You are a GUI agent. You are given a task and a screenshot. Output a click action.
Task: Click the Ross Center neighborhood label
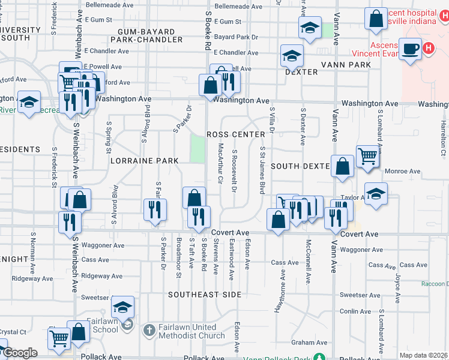[235, 134]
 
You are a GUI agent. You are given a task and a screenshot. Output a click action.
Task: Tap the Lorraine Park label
[144, 161]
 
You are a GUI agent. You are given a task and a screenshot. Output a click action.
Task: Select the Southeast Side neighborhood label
[205, 295]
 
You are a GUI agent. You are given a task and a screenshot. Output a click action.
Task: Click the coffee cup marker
[411, 49]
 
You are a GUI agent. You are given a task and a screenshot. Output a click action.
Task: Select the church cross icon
[148, 331]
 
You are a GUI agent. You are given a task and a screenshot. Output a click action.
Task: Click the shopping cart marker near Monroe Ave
[367, 157]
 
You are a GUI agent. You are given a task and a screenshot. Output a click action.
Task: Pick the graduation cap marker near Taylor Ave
[376, 194]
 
